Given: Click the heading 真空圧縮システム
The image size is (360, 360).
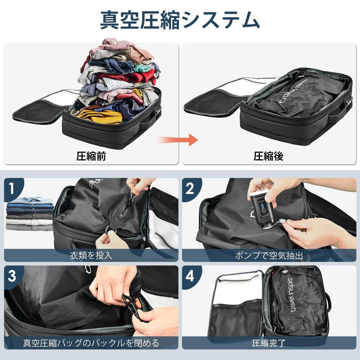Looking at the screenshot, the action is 180,20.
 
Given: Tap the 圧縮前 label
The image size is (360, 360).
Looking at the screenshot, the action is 91,156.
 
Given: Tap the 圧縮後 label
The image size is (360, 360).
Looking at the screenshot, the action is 268,156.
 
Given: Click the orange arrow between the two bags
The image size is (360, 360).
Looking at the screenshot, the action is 178,140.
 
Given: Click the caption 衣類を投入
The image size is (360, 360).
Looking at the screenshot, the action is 91,255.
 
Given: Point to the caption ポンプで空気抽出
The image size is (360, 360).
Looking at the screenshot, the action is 269,255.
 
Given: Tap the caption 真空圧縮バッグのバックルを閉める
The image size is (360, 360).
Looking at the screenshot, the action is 91,343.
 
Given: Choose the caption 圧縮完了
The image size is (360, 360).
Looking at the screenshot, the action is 269,343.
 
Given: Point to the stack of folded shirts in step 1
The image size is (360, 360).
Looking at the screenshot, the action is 30,214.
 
